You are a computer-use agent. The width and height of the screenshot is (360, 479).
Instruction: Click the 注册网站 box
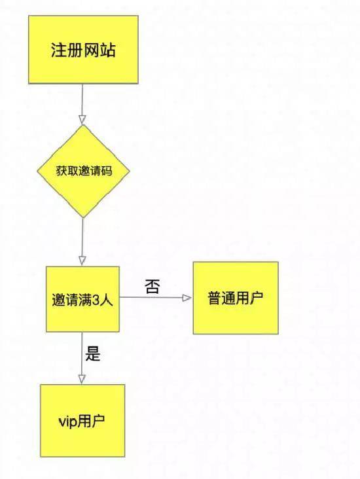pos(83,50)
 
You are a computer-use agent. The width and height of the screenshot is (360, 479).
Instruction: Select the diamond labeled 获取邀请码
pos(83,171)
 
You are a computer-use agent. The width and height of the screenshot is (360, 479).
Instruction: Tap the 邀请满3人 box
pos(82,299)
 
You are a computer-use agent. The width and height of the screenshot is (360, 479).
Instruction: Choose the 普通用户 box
pos(236,298)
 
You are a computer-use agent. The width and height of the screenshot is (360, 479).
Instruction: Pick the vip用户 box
pos(82,421)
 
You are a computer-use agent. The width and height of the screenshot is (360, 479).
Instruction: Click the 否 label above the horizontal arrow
pos(153,287)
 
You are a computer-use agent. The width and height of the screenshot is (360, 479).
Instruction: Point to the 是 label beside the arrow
pos(93,353)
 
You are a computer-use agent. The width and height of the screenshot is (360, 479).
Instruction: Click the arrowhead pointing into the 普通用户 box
pos(187,298)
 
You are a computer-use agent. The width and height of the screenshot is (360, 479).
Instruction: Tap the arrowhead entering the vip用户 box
pos(82,379)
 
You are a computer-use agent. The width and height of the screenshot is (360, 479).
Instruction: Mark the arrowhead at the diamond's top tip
pos(82,120)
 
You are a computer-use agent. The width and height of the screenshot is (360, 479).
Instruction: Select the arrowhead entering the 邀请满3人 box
pos(82,261)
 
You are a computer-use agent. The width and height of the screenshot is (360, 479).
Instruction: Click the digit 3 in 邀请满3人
pos(96,300)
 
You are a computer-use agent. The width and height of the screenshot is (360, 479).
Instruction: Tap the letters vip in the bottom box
pos(67,422)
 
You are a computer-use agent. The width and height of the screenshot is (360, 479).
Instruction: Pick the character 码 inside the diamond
pos(107,171)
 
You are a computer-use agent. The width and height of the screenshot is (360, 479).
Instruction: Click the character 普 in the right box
pos(215,298)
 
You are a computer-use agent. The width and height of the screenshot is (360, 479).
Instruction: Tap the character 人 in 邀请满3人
pos(106,300)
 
